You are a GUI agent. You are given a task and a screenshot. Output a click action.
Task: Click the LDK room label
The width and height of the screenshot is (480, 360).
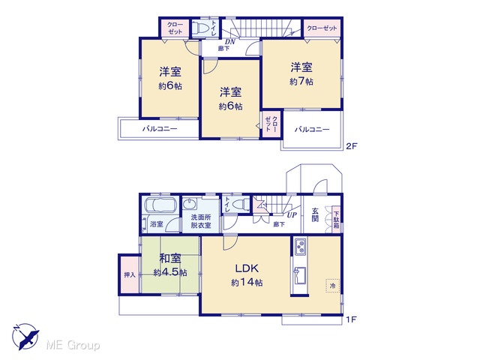[x=247, y=268]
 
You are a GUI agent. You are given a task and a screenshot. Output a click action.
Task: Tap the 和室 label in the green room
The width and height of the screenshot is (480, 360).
[x=170, y=258]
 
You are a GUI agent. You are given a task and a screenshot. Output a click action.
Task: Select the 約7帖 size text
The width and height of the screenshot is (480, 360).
[x=301, y=82]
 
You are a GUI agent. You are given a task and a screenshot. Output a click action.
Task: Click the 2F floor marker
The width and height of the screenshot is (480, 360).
[x=352, y=146]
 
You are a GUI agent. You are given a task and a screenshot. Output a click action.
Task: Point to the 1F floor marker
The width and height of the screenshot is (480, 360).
[x=351, y=319]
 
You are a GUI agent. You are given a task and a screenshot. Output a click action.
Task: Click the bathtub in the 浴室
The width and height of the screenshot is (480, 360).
[x=160, y=205]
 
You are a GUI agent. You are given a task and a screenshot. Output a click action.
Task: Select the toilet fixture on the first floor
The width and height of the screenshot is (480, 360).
[x=241, y=203]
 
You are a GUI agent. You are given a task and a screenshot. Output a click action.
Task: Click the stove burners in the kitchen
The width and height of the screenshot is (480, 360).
[x=300, y=246]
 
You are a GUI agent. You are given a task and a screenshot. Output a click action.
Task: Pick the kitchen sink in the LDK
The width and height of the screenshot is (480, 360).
[x=300, y=276]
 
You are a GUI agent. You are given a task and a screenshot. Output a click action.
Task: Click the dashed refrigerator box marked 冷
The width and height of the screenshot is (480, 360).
[x=333, y=286]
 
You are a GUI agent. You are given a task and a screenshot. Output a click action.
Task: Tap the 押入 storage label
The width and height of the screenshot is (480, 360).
[x=130, y=275]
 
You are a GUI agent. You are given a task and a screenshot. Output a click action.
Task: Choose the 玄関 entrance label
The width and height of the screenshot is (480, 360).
[x=315, y=214]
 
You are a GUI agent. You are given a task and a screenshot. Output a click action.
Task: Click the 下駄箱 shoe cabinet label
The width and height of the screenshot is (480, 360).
[x=336, y=220]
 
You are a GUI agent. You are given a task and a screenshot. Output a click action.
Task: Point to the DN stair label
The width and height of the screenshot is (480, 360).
[x=230, y=42]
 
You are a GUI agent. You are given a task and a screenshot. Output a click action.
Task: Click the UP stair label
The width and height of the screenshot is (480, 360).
[x=292, y=215]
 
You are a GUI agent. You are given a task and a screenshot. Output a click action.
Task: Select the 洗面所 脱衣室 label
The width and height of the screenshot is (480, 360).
[x=201, y=221]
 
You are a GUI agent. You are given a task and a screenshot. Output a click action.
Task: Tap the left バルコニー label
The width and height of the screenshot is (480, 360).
[x=160, y=128]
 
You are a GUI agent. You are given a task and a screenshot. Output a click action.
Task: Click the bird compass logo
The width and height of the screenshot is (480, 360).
[x=25, y=337]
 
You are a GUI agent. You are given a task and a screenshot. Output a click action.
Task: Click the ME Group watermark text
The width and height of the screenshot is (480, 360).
[x=73, y=345]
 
